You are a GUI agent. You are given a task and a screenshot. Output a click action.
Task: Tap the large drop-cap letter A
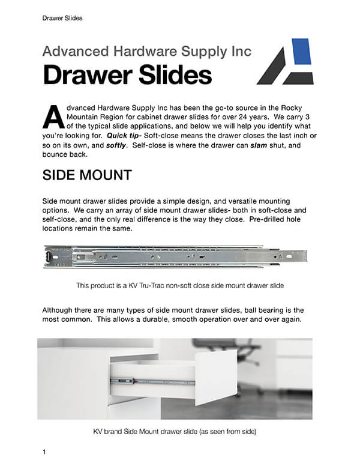52,116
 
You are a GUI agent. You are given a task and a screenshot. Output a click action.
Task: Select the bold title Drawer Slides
127,76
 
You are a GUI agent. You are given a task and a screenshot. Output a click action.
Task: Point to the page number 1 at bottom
44,451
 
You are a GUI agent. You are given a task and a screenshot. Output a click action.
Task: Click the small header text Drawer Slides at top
62,18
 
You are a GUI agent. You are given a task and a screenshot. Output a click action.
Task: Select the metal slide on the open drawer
150,381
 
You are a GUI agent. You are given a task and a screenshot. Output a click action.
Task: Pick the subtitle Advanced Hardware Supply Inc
147,50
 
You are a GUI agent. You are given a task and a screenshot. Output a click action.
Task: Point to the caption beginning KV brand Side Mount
175,431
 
